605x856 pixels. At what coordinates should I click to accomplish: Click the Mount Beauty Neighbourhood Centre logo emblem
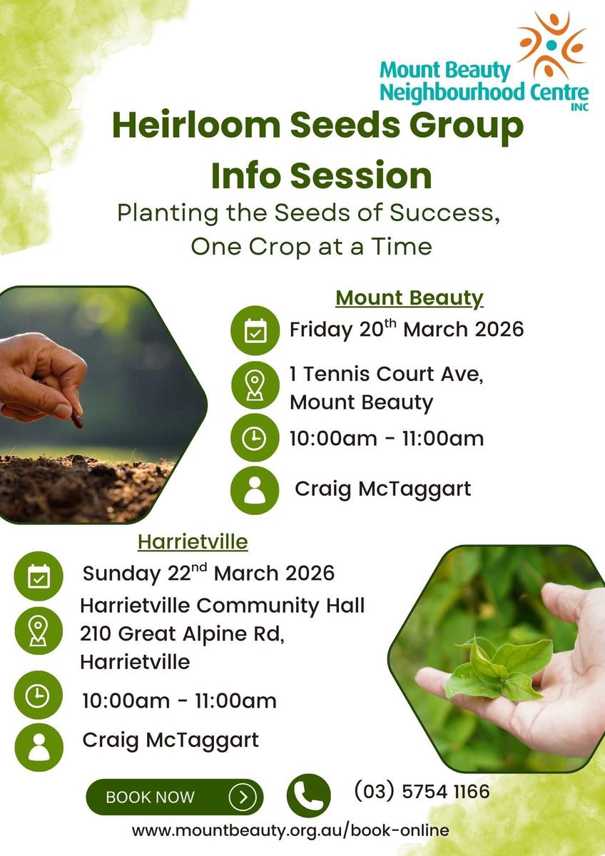coord(551,46)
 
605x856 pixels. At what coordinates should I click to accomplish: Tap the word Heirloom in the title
coord(196,126)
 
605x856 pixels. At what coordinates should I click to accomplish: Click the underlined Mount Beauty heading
coord(410,298)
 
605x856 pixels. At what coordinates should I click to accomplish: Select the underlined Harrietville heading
coord(193,541)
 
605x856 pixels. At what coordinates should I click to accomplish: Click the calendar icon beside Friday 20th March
coord(255,330)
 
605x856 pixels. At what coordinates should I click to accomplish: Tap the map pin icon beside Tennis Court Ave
coord(255,386)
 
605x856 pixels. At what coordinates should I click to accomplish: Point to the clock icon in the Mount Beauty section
coord(255,437)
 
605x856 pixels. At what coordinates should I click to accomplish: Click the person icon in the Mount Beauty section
coord(255,490)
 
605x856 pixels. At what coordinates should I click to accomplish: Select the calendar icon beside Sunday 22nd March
coord(39,576)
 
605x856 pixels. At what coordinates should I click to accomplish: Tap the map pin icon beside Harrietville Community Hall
coord(39,631)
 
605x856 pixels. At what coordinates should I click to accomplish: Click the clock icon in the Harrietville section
coord(38,695)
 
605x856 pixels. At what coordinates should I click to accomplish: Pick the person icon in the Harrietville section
coord(39,748)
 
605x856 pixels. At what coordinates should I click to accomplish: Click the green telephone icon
coord(308,796)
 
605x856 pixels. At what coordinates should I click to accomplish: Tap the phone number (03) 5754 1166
coord(422,791)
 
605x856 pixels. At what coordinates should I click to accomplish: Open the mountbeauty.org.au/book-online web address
coord(290,830)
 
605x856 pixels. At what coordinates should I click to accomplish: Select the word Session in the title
coord(361,175)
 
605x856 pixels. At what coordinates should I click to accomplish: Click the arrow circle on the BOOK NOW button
coord(243,798)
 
